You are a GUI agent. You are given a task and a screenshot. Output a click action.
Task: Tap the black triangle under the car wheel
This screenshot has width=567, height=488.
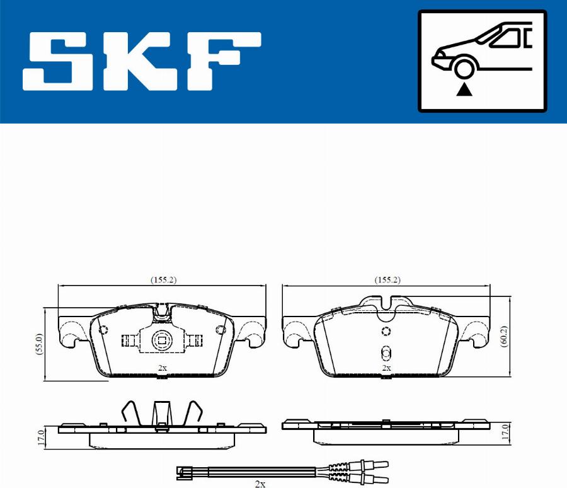(x=464, y=90)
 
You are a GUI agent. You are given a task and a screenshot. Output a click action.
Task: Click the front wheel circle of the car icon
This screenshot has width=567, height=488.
(x=464, y=69)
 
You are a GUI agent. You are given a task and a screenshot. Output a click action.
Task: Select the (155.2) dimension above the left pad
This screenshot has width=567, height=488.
(x=163, y=280)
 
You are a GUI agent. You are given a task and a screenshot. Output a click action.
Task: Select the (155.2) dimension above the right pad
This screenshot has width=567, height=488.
(x=387, y=280)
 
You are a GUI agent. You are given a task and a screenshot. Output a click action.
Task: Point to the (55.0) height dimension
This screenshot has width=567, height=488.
(x=40, y=344)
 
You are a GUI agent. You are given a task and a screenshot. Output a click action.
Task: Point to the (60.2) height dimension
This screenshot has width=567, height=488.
(x=503, y=337)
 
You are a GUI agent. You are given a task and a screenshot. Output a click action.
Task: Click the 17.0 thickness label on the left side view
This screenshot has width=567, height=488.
(x=41, y=438)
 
